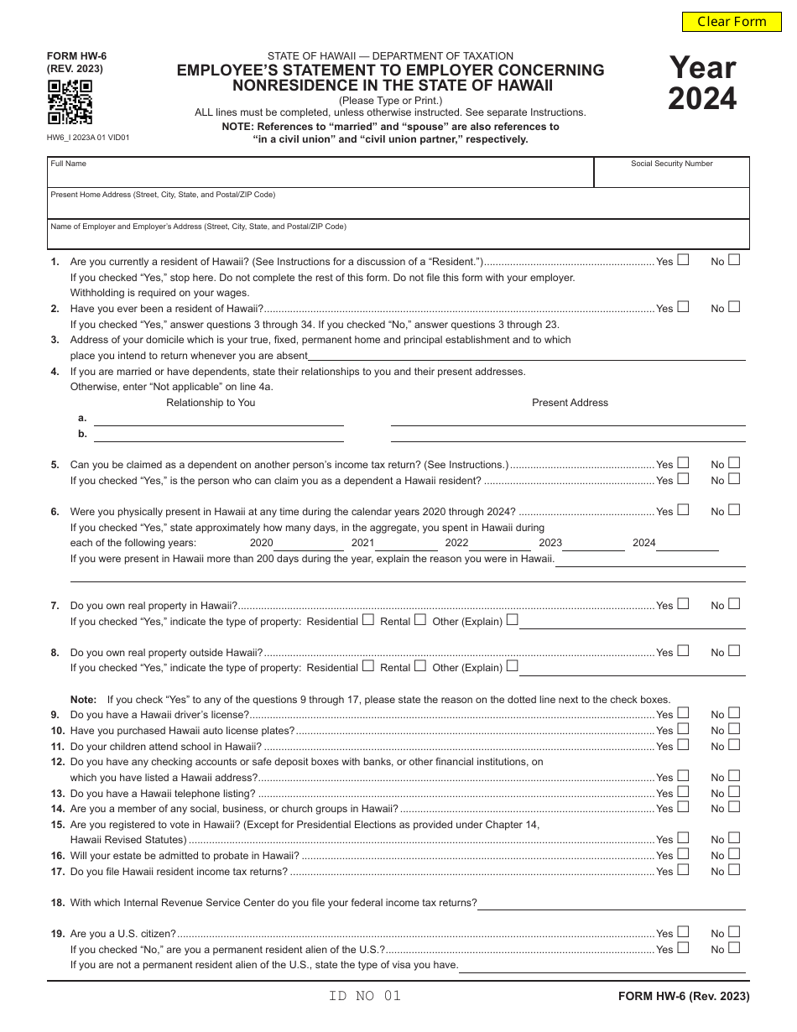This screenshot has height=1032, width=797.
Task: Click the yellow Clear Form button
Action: click(732, 22)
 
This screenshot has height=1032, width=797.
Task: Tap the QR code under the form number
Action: click(70, 102)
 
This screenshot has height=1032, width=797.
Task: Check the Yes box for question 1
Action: click(683, 260)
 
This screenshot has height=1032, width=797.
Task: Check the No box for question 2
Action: click(734, 307)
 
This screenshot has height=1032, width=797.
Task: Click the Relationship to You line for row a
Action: click(219, 419)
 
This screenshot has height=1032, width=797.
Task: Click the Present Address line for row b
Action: click(568, 434)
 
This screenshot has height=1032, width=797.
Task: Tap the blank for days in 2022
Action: click(500, 544)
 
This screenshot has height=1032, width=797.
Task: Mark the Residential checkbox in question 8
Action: click(367, 666)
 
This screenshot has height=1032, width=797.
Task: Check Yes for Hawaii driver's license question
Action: click(683, 713)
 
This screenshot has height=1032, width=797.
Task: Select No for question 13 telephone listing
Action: click(734, 791)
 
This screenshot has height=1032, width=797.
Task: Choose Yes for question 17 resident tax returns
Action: click(683, 870)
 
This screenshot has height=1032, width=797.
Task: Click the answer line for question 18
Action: click(611, 903)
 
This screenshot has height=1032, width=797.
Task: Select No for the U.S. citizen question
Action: click(734, 931)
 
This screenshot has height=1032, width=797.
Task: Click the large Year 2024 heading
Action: click(702, 82)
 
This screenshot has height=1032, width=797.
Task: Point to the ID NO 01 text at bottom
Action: click(365, 996)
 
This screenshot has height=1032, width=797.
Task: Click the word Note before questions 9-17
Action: click(83, 699)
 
